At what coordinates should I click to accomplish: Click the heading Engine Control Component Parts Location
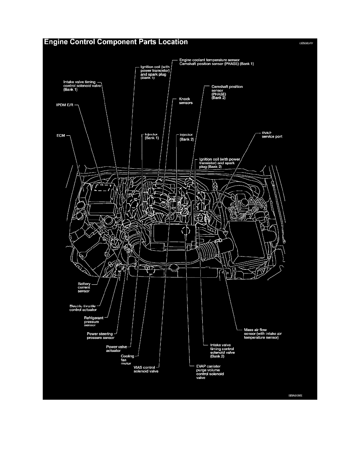tap(116, 42)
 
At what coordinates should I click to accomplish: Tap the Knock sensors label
tap(185, 101)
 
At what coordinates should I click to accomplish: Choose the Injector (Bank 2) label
tap(187, 137)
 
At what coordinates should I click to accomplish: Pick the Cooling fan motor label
tap(127, 360)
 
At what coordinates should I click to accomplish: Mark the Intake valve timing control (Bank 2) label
tap(219, 349)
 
